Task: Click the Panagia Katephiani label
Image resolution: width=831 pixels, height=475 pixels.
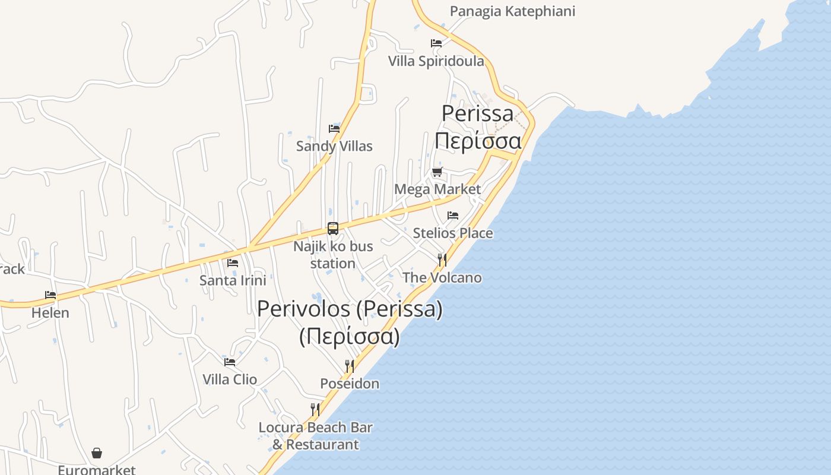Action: click(512, 11)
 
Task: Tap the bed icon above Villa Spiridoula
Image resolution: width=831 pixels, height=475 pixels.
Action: click(436, 43)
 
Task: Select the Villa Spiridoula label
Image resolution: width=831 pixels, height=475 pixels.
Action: click(436, 61)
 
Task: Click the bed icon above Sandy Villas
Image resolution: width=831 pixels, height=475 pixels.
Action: click(334, 129)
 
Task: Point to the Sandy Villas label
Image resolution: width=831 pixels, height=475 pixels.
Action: click(334, 146)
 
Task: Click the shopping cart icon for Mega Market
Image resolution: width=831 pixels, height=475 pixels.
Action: click(437, 172)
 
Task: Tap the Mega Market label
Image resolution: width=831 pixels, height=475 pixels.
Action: click(437, 189)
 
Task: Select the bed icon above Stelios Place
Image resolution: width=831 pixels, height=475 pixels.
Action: click(453, 216)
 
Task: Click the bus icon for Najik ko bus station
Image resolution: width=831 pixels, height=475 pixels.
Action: click(333, 229)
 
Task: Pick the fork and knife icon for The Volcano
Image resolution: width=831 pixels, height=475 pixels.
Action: click(442, 260)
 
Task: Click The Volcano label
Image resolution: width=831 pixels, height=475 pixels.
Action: click(442, 277)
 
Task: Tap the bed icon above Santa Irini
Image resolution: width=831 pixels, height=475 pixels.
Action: click(233, 262)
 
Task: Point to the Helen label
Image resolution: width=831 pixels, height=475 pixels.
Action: click(50, 312)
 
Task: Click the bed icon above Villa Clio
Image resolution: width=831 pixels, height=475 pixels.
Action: click(230, 362)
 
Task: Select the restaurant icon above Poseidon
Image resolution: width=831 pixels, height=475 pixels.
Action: click(350, 366)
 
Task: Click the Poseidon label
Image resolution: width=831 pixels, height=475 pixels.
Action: click(350, 384)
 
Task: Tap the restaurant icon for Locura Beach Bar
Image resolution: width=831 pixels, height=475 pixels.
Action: click(315, 410)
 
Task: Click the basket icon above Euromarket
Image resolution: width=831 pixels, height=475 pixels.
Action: click(97, 454)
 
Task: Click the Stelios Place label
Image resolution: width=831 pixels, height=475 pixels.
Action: click(452, 233)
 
